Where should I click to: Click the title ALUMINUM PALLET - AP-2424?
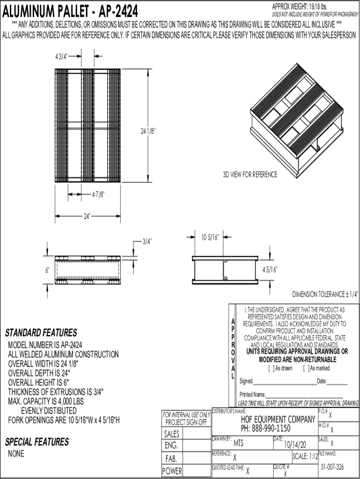[x=71, y=11]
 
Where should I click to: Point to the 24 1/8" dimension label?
[x=148, y=132]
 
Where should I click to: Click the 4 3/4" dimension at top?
[x=61, y=56]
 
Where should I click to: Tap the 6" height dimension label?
[x=47, y=270]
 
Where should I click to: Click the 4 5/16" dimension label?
[x=270, y=269]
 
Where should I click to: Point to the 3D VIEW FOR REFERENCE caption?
[x=250, y=175]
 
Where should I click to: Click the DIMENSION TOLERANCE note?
[x=325, y=294]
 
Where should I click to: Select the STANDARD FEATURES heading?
[x=41, y=333]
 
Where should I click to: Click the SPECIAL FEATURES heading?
[x=37, y=442]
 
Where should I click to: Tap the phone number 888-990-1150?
[x=273, y=428]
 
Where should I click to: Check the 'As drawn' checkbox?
[x=270, y=369]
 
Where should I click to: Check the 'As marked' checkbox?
[x=305, y=369]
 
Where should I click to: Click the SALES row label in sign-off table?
[x=172, y=434]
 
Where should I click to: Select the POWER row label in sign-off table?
[x=172, y=472]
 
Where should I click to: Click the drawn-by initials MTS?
[x=238, y=443]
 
